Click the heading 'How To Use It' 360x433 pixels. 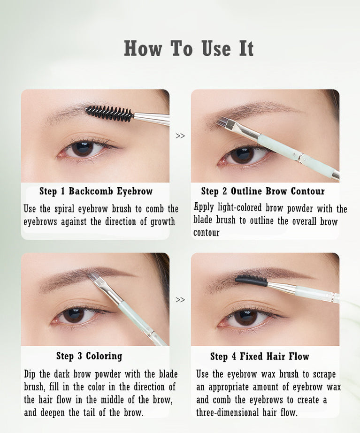[189, 49]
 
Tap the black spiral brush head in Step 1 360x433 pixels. [109, 113]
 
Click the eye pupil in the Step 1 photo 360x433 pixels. [83, 149]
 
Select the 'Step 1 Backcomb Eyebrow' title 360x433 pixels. [96, 191]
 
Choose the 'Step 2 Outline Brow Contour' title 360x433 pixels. [263, 191]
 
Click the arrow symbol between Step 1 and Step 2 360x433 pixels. [180, 136]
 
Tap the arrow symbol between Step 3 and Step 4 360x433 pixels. [180, 300]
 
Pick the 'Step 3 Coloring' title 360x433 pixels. [89, 356]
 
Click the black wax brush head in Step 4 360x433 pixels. [251, 280]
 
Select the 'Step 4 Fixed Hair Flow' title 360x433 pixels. [260, 356]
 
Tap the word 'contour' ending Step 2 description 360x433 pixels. [206, 233]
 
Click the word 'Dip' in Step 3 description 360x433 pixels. [30, 374]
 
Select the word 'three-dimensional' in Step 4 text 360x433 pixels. [227, 412]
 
